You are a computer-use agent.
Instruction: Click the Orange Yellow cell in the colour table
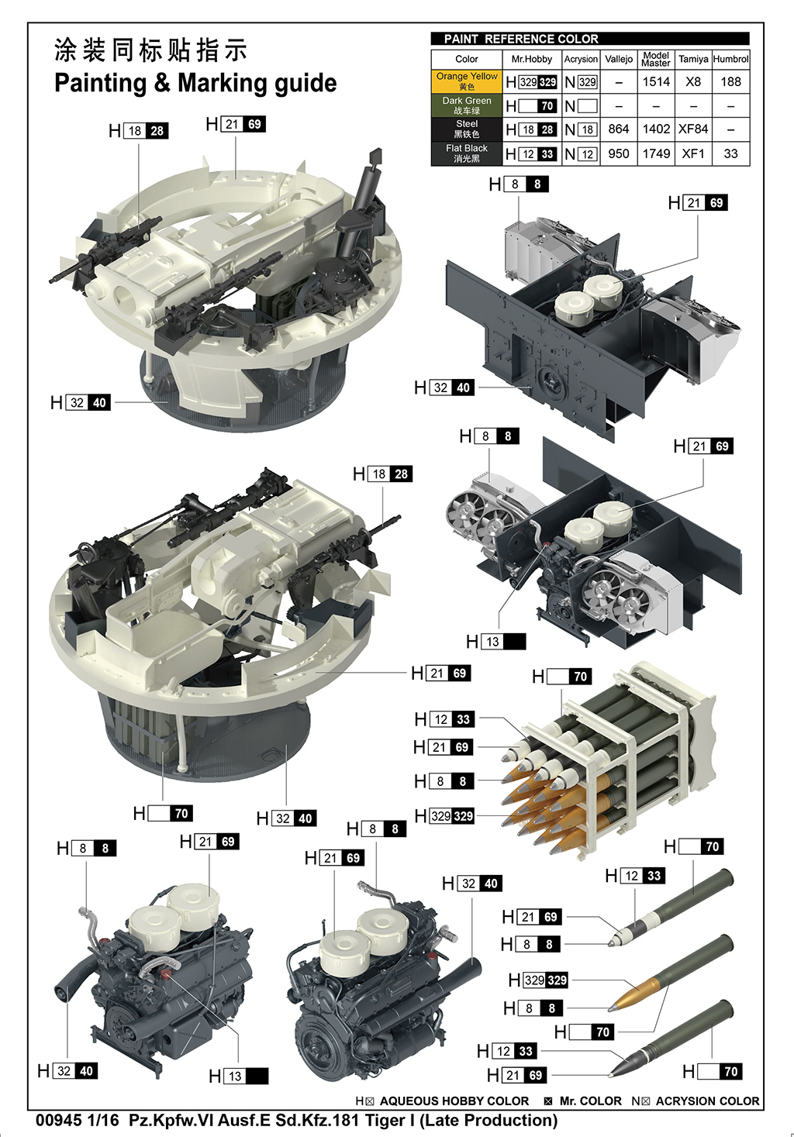coord(466,81)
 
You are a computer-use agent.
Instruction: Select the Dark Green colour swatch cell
coord(466,105)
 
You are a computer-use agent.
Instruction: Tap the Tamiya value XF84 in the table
coord(693,129)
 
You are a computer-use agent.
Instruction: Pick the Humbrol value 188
coord(730,81)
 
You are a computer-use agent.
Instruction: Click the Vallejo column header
coord(619,59)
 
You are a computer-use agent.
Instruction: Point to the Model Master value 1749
coord(656,153)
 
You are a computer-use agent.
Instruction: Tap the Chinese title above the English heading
coord(151,50)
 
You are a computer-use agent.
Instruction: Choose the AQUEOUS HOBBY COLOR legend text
coord(454,1101)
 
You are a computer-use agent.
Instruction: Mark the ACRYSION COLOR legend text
coord(707,1101)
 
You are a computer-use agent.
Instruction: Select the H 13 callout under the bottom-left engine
coord(239,1076)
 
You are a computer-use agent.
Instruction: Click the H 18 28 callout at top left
coord(139,131)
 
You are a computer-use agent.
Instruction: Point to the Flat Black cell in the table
coord(466,153)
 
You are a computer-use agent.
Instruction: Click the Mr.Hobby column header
coord(531,59)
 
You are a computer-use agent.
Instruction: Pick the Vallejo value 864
coord(619,129)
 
